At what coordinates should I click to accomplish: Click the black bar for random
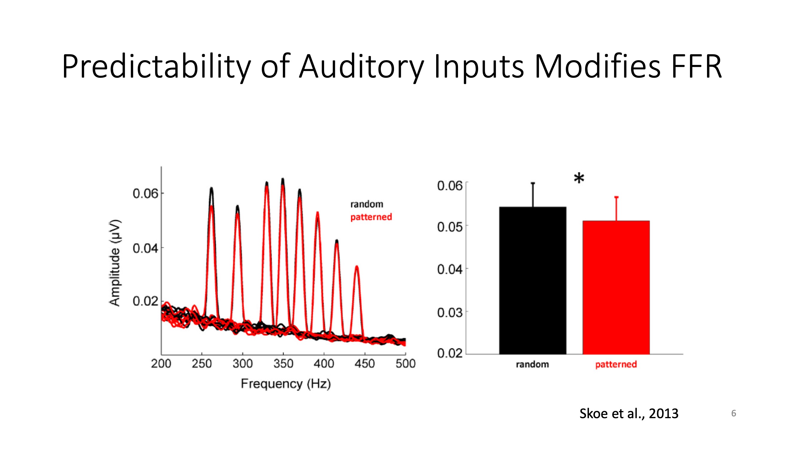pyautogui.click(x=532, y=280)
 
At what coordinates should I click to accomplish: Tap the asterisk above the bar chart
pyautogui.click(x=579, y=179)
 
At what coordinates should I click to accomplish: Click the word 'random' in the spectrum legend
pyautogui.click(x=367, y=204)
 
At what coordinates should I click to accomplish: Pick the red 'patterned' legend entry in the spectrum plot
pyautogui.click(x=371, y=217)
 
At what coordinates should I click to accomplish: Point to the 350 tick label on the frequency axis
pyautogui.click(x=283, y=363)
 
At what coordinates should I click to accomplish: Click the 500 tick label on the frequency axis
pyautogui.click(x=405, y=363)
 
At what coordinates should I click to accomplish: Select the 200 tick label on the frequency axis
pyautogui.click(x=161, y=363)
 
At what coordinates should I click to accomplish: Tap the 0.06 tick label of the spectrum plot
pyautogui.click(x=145, y=194)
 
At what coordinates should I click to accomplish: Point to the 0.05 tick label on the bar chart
pyautogui.click(x=450, y=227)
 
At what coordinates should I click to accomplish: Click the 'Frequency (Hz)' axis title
pyautogui.click(x=286, y=384)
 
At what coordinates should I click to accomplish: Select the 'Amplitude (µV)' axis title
pyautogui.click(x=115, y=263)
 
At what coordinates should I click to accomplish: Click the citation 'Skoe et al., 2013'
pyautogui.click(x=629, y=413)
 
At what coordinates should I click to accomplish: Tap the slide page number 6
pyautogui.click(x=733, y=413)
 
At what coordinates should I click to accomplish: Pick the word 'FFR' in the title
pyautogui.click(x=696, y=67)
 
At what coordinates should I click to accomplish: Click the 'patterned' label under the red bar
pyautogui.click(x=616, y=364)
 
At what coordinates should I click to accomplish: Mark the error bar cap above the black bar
pyautogui.click(x=533, y=183)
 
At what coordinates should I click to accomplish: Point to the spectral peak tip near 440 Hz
pyautogui.click(x=357, y=266)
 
